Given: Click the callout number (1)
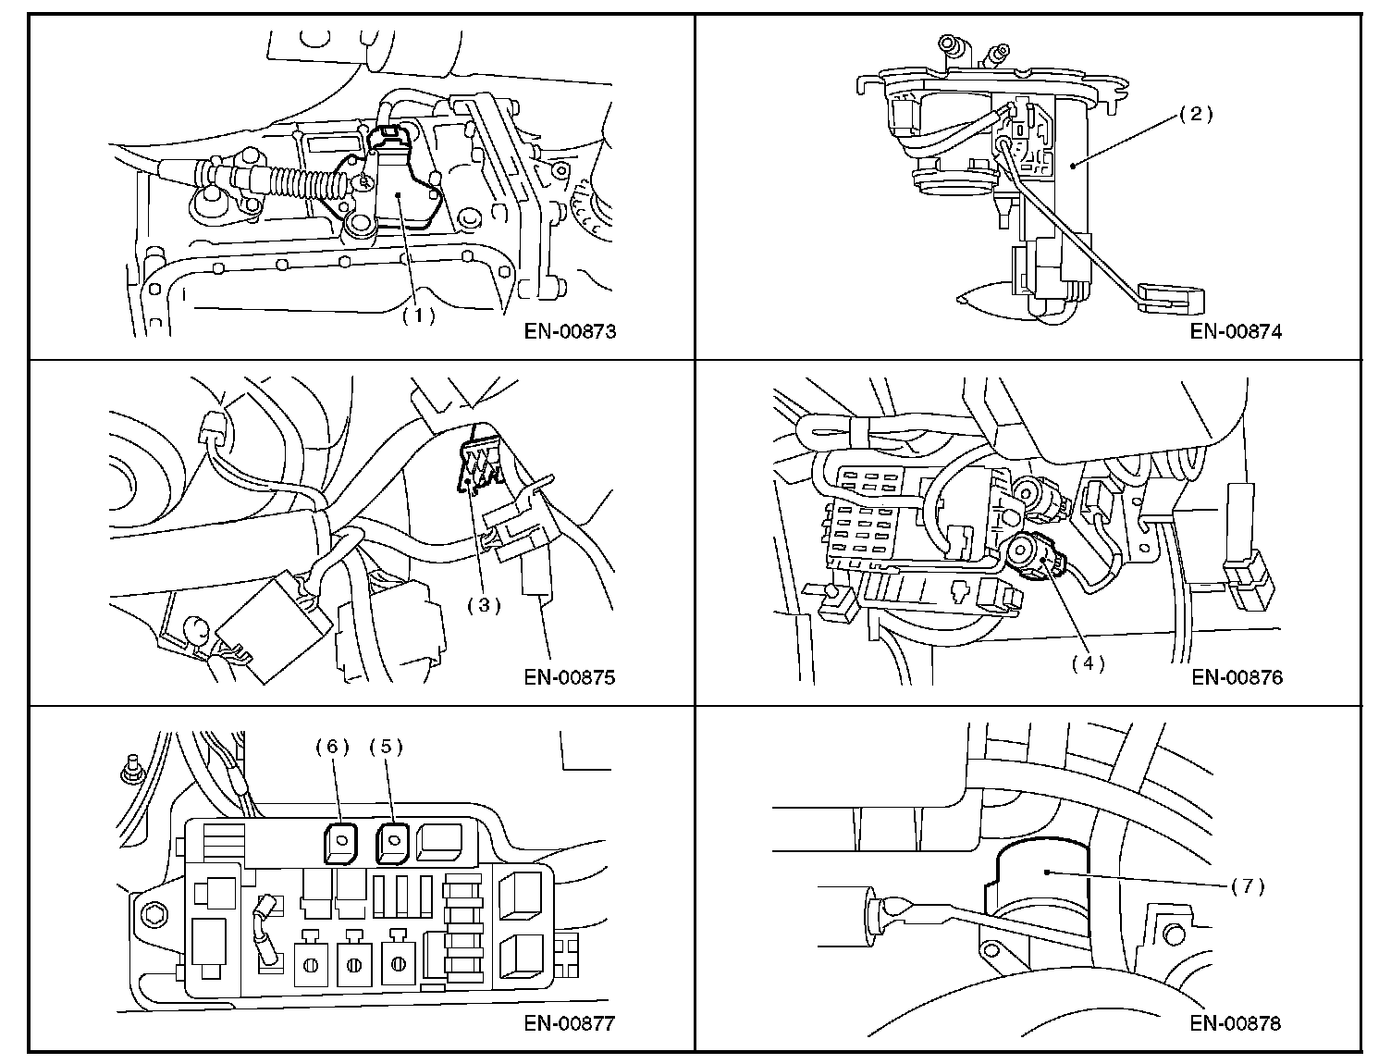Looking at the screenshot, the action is tap(419, 315).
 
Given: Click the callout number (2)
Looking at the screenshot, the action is tap(1196, 114).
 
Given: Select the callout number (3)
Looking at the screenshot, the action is tap(484, 605).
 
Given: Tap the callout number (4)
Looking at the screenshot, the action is tap(1088, 663).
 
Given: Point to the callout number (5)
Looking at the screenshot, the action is tap(386, 747).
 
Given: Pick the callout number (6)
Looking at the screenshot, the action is tap(333, 747).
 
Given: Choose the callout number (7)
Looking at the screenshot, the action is tap(1248, 886).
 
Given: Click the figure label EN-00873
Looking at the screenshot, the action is tap(570, 331).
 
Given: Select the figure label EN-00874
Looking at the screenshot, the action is tap(1236, 331).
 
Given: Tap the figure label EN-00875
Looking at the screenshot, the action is tap(570, 677).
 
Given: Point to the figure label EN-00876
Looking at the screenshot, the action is tap(1237, 677).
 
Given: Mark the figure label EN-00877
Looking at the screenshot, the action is tap(570, 1023).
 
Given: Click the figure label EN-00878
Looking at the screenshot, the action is tap(1236, 1023).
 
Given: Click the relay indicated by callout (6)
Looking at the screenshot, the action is tap(340, 844).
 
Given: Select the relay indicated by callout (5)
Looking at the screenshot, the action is tap(392, 844).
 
